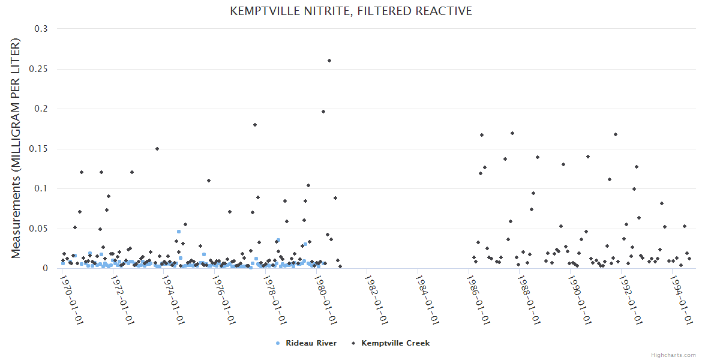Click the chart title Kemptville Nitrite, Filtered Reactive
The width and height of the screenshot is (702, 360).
click(x=351, y=11)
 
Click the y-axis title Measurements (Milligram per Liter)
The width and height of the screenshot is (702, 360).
click(x=16, y=148)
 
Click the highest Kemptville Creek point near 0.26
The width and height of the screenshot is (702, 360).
click(x=329, y=61)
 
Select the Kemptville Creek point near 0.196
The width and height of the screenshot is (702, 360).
click(x=323, y=112)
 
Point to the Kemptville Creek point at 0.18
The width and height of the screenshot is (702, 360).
click(x=255, y=125)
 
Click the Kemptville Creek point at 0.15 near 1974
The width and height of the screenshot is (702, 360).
click(x=157, y=149)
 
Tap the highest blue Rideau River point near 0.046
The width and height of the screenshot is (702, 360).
click(x=178, y=232)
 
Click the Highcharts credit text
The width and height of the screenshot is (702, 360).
click(x=673, y=355)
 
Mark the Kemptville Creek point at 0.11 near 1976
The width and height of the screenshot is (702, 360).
click(x=209, y=181)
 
